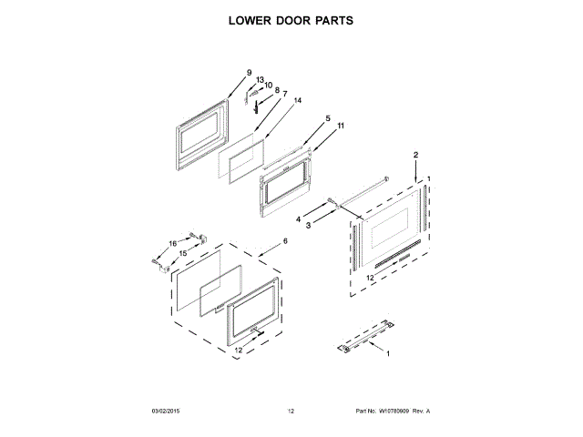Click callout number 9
tap(248, 73)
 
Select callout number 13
tap(260, 80)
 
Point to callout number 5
tap(327, 118)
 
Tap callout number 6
tap(284, 240)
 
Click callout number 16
tap(172, 244)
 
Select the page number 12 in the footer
tap(291, 412)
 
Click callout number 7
tap(284, 93)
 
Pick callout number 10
tap(268, 86)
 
